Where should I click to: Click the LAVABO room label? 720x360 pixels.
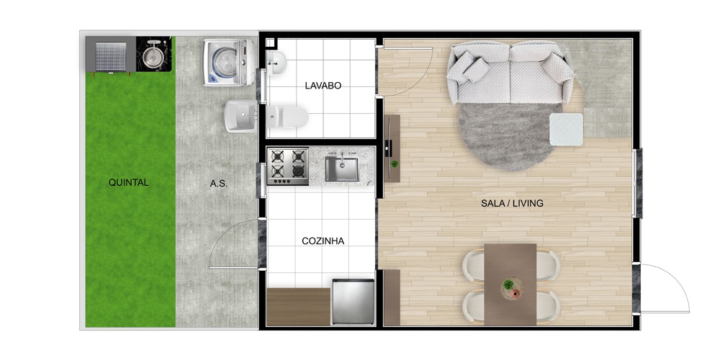323,86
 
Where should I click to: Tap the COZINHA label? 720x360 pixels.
323,241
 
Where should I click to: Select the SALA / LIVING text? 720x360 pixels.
512,203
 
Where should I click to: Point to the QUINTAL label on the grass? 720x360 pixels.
129,182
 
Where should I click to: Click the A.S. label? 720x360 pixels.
219,184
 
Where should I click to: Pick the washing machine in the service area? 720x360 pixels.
229,63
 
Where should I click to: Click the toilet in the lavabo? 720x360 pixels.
287,117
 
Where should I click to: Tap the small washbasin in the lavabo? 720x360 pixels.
276,63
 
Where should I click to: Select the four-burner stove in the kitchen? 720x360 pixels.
288,166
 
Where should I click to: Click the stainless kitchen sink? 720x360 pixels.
342,168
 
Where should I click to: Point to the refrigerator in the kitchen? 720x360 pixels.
353,301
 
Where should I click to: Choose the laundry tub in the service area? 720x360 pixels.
240,116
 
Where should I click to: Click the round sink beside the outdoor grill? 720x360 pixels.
153,55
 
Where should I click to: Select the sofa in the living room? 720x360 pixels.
510,73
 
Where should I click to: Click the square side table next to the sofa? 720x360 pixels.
567,130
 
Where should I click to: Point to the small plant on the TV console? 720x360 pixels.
394,163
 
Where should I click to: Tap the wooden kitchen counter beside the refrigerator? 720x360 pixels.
299,307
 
